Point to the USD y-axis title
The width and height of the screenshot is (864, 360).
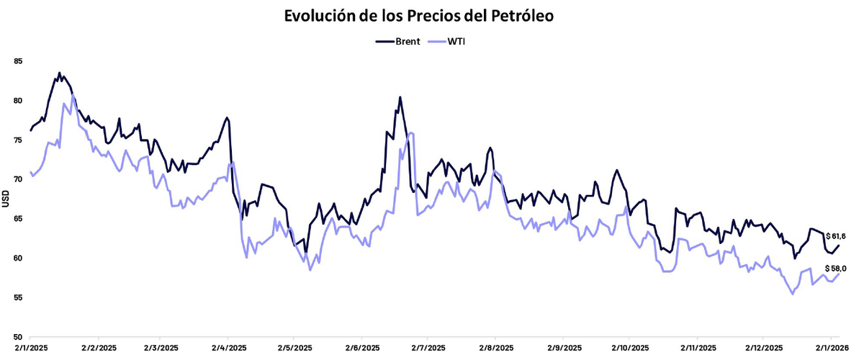point(6,199)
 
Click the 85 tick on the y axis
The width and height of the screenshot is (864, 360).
point(18,62)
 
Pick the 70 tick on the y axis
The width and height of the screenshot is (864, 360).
point(18,179)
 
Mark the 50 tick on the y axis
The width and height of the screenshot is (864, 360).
point(18,337)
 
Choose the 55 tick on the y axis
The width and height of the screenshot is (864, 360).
point(18,297)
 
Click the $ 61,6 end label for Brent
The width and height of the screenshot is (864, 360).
point(836,236)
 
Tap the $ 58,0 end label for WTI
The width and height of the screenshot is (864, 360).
point(836,268)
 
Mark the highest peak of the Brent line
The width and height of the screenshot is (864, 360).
point(59,73)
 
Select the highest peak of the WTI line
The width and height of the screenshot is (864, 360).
point(73,95)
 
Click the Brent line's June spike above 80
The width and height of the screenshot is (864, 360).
point(400,97)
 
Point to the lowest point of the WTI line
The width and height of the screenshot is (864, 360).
point(793,294)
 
